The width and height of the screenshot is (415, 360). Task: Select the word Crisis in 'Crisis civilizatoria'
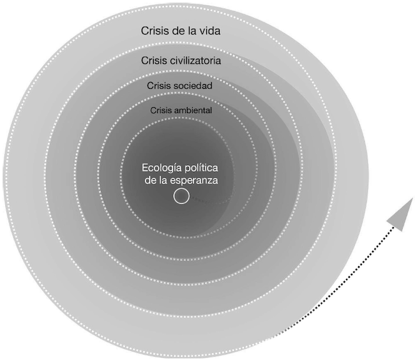pyautogui.click(x=155, y=61)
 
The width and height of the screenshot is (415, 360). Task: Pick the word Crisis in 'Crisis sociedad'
pyautogui.click(x=160, y=85)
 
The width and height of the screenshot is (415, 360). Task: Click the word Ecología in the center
pyautogui.click(x=160, y=169)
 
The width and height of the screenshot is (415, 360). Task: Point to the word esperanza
pyautogui.click(x=195, y=180)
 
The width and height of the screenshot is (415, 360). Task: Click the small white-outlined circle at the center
pyautogui.click(x=181, y=197)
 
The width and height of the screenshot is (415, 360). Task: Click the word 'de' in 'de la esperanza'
pyautogui.click(x=151, y=180)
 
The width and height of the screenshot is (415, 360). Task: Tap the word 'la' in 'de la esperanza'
pyautogui.click(x=164, y=180)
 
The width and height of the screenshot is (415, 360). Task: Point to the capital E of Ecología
pyautogui.click(x=144, y=169)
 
